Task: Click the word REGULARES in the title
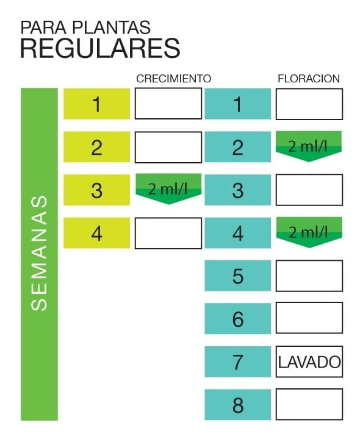click(100, 48)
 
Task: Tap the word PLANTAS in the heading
click(111, 27)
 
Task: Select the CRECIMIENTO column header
click(174, 78)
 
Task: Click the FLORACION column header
click(309, 78)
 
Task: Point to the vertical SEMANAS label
click(39, 253)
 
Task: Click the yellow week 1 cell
click(96, 104)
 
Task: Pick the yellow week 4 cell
click(96, 233)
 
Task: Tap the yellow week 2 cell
click(96, 147)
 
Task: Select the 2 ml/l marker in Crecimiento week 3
click(168, 188)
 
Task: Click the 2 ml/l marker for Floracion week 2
click(309, 146)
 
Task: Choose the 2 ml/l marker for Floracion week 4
click(309, 232)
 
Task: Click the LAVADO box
click(309, 361)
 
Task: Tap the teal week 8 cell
click(238, 404)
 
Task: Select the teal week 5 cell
click(238, 276)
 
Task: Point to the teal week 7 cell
click(238, 361)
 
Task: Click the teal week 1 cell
click(238, 104)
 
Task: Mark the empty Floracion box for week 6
click(309, 318)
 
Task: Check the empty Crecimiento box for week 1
click(168, 104)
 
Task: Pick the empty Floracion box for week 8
click(309, 404)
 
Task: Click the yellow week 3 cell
click(96, 190)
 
